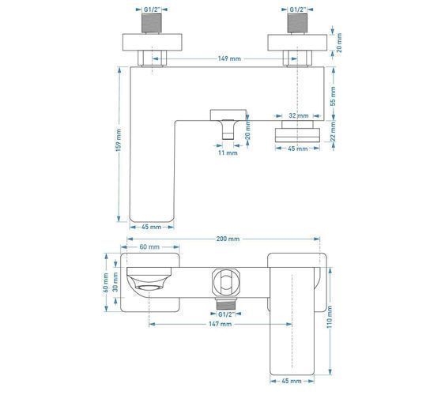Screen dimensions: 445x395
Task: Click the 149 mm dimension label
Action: [229, 58]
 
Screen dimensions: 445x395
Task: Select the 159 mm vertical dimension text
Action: [119, 140]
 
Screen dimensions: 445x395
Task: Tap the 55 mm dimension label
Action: [333, 96]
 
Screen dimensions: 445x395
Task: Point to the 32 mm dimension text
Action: [299, 115]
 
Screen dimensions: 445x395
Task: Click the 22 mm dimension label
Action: [333, 131]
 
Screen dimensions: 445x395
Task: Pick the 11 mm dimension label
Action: [228, 153]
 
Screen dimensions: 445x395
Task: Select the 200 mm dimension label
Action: [228, 239]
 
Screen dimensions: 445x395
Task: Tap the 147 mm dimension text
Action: [221, 324]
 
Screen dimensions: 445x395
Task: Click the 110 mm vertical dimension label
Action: [330, 317]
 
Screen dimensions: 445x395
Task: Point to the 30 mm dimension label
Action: [115, 282]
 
